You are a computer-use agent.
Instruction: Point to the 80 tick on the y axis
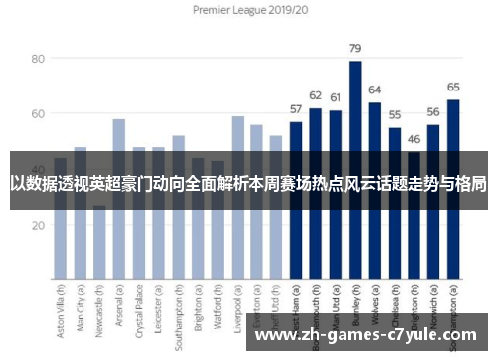click(38, 59)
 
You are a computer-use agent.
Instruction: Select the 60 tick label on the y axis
click(38, 114)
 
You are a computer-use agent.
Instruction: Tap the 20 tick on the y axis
click(38, 225)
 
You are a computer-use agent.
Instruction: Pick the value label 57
click(295, 109)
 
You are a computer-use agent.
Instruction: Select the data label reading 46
click(414, 140)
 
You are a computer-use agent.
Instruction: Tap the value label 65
click(453, 88)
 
